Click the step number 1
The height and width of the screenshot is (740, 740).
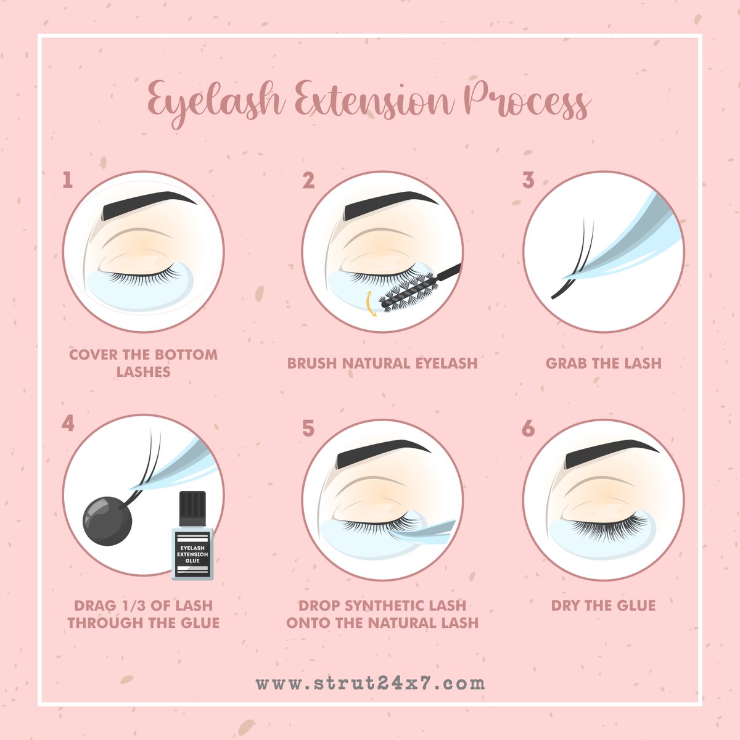coord(68,179)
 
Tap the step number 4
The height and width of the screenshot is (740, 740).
coord(68,423)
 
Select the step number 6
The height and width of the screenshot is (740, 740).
coord(528,428)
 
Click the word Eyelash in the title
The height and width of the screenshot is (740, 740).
coord(216,101)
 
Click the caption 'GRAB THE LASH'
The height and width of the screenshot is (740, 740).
coord(603,363)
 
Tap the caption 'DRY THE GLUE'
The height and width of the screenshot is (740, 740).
coord(603,606)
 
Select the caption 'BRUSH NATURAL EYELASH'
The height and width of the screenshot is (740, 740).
coord(382,363)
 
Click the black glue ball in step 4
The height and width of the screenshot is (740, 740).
coord(107,521)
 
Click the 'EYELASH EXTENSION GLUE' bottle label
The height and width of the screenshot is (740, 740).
coord(192,554)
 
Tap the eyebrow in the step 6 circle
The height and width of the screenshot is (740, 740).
coord(610,453)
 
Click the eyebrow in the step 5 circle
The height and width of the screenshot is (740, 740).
coord(382,453)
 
